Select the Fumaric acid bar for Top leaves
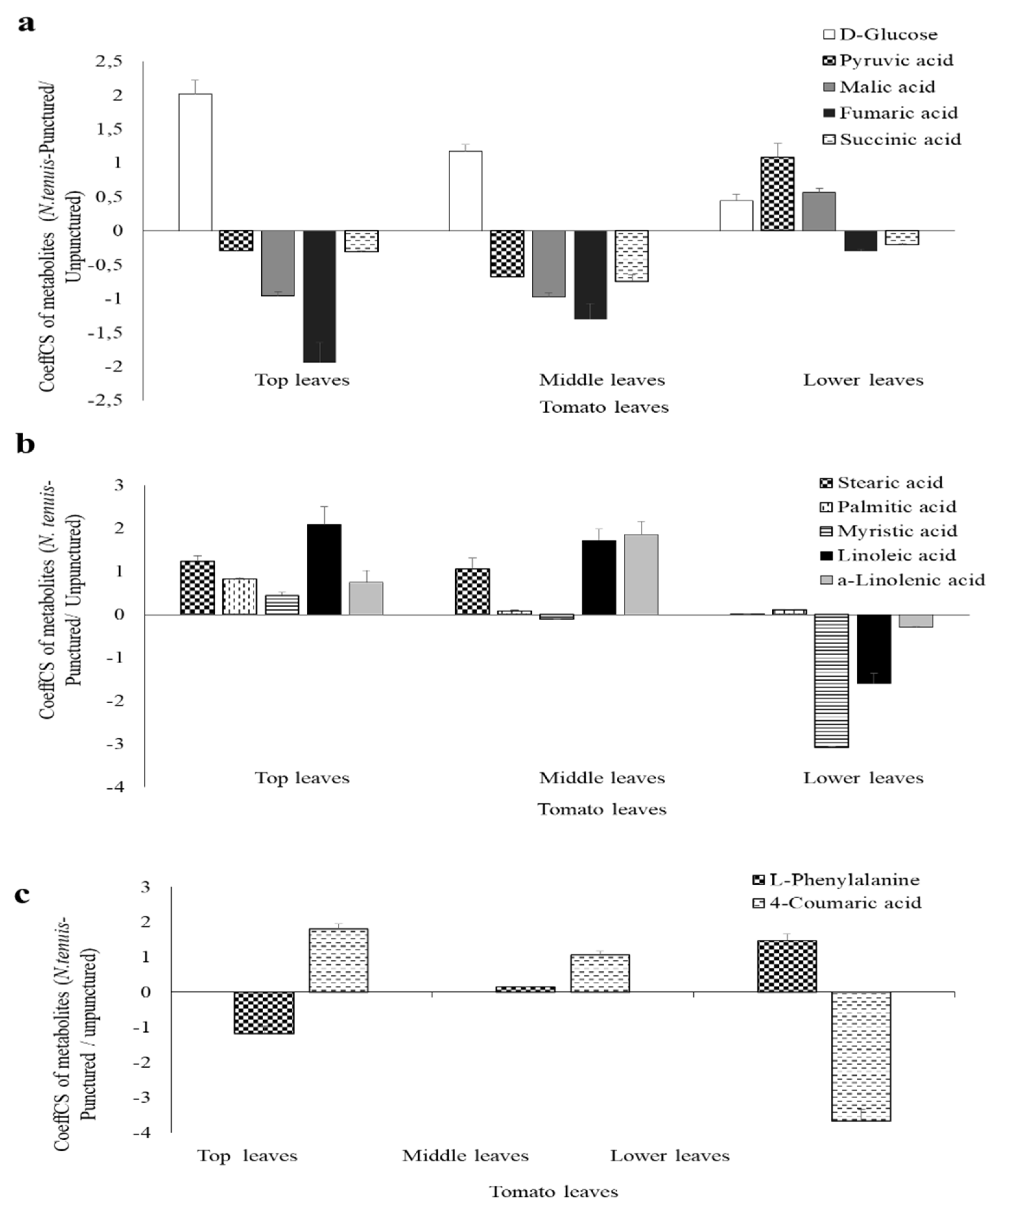point(319,296)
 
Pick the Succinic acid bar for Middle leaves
point(632,256)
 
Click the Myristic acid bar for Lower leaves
point(831,680)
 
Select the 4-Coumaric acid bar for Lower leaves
point(861,1056)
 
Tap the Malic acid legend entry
point(887,87)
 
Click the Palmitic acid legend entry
point(897,507)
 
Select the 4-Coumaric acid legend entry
point(845,903)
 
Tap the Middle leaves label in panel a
point(601,380)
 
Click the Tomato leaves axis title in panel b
point(601,809)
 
